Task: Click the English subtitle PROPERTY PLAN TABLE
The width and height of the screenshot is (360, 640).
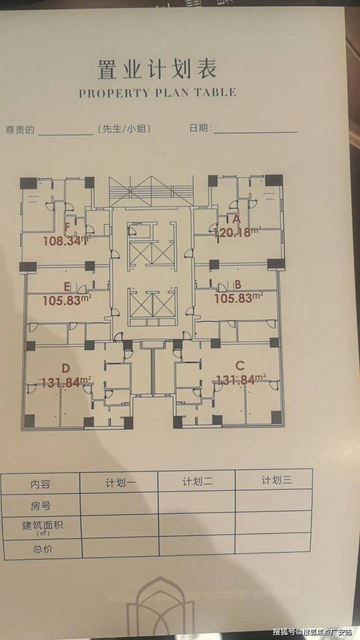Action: pos(158,93)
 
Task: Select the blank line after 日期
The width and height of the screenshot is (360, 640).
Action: pos(255,130)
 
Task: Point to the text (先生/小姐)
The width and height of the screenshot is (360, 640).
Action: pos(124,129)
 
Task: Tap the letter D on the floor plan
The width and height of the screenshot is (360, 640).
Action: pos(66,368)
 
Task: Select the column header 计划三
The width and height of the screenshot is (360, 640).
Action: pos(276,480)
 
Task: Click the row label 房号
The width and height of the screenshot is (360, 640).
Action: pos(41,506)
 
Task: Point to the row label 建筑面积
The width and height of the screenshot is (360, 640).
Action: pos(43,526)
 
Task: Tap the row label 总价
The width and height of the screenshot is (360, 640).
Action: pos(43,549)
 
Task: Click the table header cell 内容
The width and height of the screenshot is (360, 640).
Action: pos(40,484)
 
